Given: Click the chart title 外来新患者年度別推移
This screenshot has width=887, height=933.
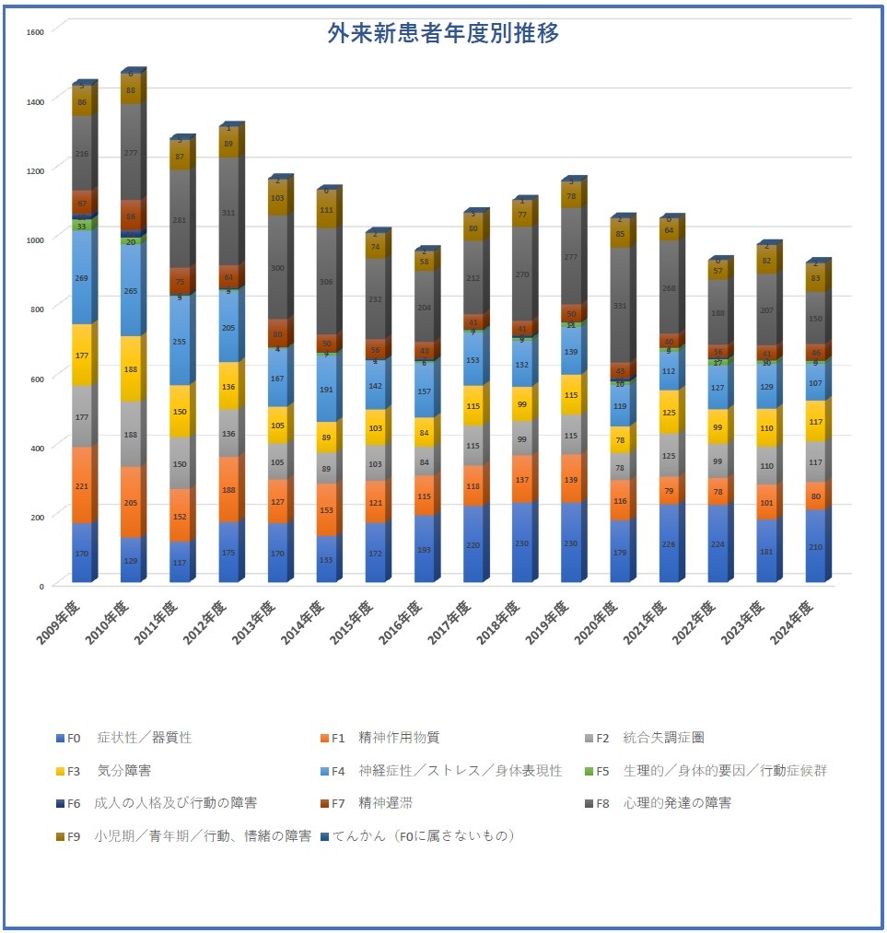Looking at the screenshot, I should pyautogui.click(x=443, y=34).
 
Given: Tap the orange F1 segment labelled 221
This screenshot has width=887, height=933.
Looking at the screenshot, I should pyautogui.click(x=83, y=486).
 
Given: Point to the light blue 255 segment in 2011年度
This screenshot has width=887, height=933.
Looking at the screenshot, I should pyautogui.click(x=181, y=341).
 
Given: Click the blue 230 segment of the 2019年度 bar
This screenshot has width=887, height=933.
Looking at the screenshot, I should pyautogui.click(x=571, y=543).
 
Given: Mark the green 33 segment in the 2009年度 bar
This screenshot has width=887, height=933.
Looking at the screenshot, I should pyautogui.click(x=83, y=226).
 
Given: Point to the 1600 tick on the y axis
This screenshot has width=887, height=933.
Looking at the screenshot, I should pyautogui.click(x=36, y=30).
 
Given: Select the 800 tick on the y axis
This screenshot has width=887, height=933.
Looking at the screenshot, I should pyautogui.click(x=36, y=308).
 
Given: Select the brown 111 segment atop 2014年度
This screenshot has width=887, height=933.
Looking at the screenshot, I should pyautogui.click(x=327, y=210).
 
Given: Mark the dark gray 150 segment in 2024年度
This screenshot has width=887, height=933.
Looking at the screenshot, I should pyautogui.click(x=815, y=319).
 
